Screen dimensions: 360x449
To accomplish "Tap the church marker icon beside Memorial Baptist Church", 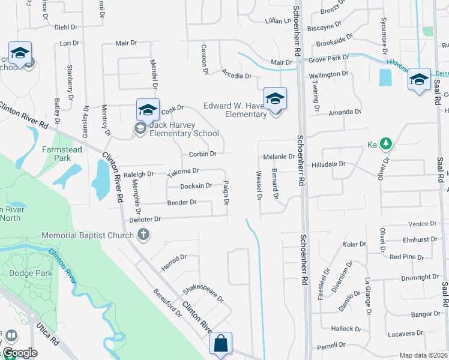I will click(x=143, y=235).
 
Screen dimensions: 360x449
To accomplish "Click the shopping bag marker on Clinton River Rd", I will click(x=221, y=344).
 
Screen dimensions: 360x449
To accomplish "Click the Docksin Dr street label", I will click(x=196, y=186).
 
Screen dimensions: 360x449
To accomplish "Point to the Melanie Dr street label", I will click(x=279, y=157).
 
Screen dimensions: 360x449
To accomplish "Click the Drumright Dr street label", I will click(x=421, y=278).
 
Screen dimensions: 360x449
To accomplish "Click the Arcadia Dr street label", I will click(x=236, y=76).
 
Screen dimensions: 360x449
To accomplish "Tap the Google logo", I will click(x=20, y=353).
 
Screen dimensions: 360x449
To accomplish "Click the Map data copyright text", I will click(x=423, y=355).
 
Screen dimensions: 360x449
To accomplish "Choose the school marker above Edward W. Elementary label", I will click(x=276, y=98).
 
